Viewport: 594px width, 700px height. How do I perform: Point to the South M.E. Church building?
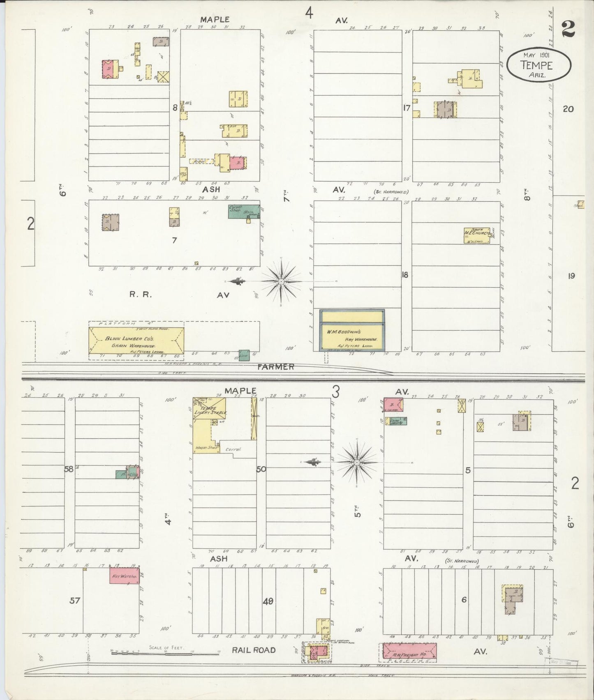[477, 235]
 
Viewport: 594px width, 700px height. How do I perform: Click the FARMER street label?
[276, 366]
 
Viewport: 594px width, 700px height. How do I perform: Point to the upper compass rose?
[281, 281]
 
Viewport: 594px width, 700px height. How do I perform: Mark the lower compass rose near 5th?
[357, 463]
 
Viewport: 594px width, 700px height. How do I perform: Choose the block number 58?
[69, 469]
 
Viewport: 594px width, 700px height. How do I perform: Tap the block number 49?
[268, 601]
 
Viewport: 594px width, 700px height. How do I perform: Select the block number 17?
[407, 108]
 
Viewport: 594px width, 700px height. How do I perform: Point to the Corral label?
[234, 449]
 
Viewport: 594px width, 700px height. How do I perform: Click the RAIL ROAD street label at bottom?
[253, 650]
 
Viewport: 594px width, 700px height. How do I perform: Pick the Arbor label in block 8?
[200, 161]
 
